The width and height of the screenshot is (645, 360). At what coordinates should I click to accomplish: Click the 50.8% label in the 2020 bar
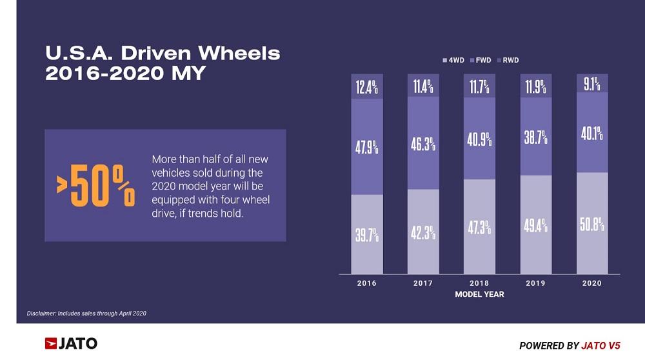[x=591, y=224]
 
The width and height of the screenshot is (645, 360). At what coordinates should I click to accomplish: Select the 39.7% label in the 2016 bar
[x=367, y=235]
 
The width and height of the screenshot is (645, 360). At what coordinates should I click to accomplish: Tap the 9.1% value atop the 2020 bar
[x=591, y=83]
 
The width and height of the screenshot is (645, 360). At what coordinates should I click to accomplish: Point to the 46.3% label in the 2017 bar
[x=423, y=144]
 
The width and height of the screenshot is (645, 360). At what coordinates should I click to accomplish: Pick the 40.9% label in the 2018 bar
[x=479, y=139]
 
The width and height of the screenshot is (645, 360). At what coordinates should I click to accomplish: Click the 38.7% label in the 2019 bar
[x=535, y=137]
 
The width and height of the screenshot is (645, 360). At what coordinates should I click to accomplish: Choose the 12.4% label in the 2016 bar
[x=367, y=86]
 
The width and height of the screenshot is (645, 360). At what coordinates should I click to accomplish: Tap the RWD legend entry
[x=508, y=60]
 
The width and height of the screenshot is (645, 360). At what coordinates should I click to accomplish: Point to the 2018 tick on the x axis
[x=479, y=283]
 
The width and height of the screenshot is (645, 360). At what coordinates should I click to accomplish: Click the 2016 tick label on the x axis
[x=367, y=283]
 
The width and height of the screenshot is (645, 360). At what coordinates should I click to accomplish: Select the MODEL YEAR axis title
[x=479, y=294]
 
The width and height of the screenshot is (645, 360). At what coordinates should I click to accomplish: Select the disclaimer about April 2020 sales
[x=87, y=314]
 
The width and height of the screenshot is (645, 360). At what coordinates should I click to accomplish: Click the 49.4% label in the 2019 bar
[x=535, y=226]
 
